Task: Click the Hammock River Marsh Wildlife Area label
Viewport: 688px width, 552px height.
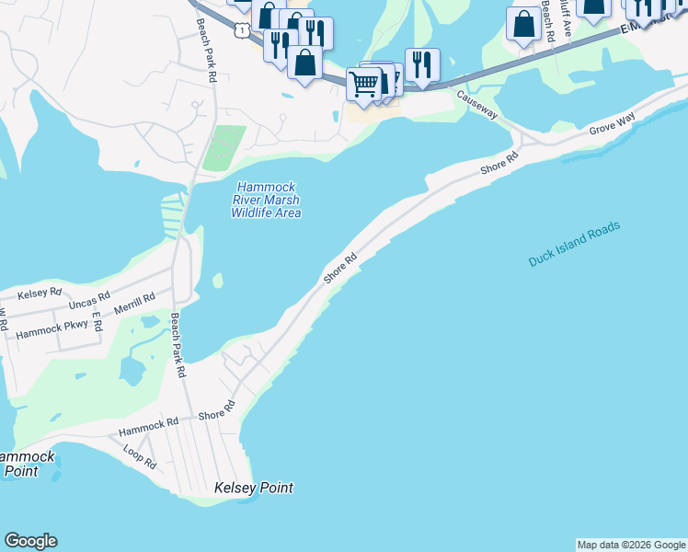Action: (x=265, y=200)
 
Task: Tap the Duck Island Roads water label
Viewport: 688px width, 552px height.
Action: (x=575, y=245)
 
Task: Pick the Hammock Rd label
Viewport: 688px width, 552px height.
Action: (x=148, y=427)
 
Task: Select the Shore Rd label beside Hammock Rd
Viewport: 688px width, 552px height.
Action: (x=217, y=415)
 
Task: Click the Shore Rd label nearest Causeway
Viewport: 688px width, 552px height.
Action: (x=500, y=165)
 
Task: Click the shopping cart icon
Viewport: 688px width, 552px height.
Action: (x=364, y=84)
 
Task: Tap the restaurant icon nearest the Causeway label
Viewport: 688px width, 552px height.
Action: (x=422, y=64)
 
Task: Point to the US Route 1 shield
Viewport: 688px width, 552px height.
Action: (x=241, y=31)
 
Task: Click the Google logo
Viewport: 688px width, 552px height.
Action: (x=30, y=541)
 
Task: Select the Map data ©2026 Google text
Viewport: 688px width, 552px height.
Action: (x=631, y=545)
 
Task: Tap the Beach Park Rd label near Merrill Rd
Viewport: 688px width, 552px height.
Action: (x=178, y=346)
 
